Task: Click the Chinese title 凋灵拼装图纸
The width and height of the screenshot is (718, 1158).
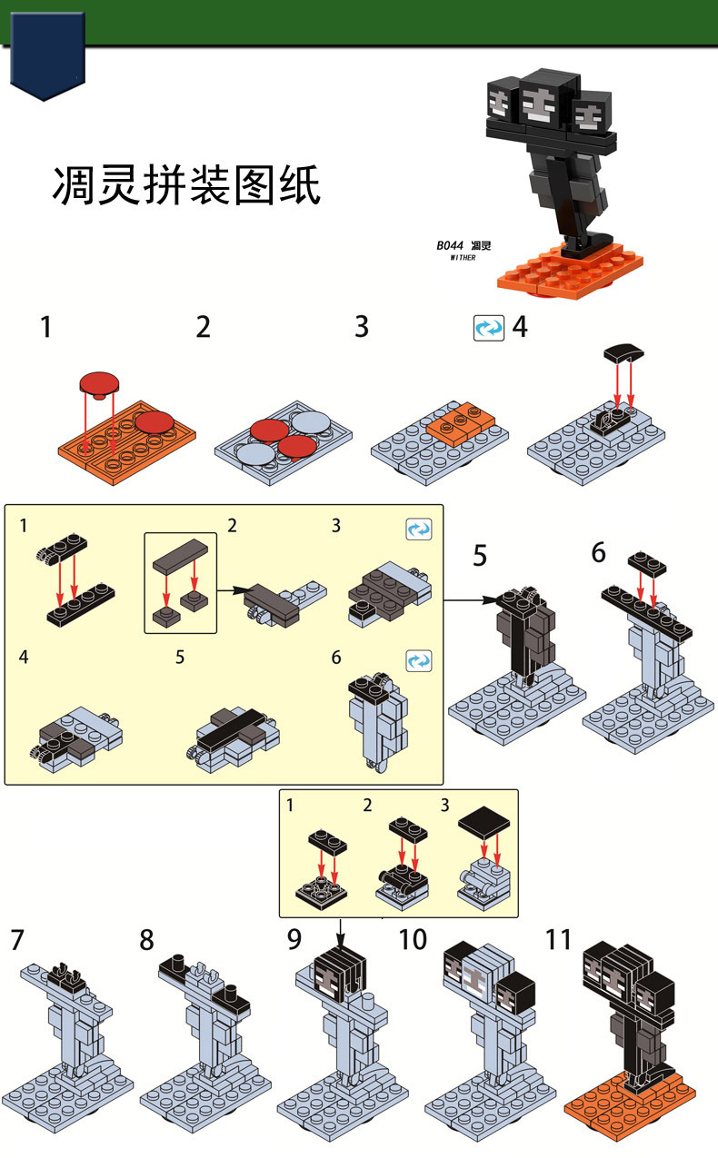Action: tap(185, 184)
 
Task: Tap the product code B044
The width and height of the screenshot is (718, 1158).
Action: tap(449, 245)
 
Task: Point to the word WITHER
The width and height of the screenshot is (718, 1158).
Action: tap(463, 258)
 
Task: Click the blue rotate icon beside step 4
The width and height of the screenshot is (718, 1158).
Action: tap(488, 328)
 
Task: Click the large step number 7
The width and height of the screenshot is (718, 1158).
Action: tap(17, 940)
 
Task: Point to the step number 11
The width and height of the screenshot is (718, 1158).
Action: tap(557, 938)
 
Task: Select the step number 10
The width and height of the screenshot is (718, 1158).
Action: tap(413, 938)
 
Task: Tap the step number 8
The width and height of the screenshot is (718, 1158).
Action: tap(146, 940)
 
